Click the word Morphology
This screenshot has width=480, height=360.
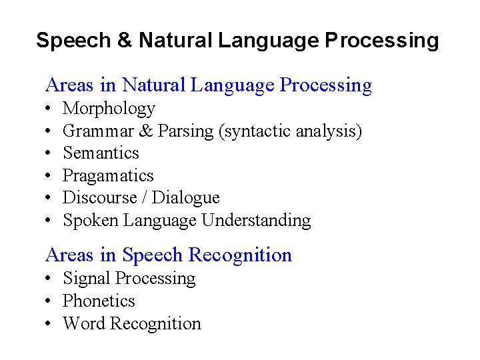(x=109, y=109)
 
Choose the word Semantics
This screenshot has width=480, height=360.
(x=101, y=153)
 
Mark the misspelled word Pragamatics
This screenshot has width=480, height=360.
(x=108, y=176)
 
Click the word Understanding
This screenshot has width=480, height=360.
(x=256, y=220)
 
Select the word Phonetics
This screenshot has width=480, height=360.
(x=99, y=301)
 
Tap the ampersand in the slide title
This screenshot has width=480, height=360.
(x=124, y=41)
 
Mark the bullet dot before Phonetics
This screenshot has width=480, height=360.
(x=49, y=301)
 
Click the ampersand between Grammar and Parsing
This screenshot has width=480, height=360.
(x=149, y=131)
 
